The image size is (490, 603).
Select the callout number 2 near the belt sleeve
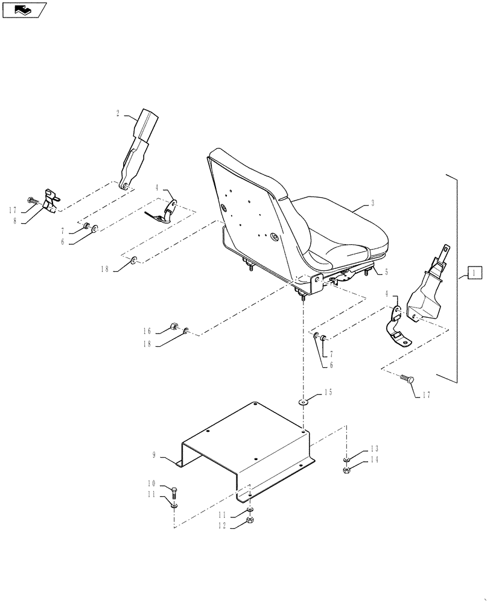[x=118, y=113]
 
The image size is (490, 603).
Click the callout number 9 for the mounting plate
[x=154, y=455]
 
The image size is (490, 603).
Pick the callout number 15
[x=328, y=393]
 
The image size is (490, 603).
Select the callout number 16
[x=147, y=330]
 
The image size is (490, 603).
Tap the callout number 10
[x=151, y=484]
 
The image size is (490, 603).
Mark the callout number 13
[x=374, y=448]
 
